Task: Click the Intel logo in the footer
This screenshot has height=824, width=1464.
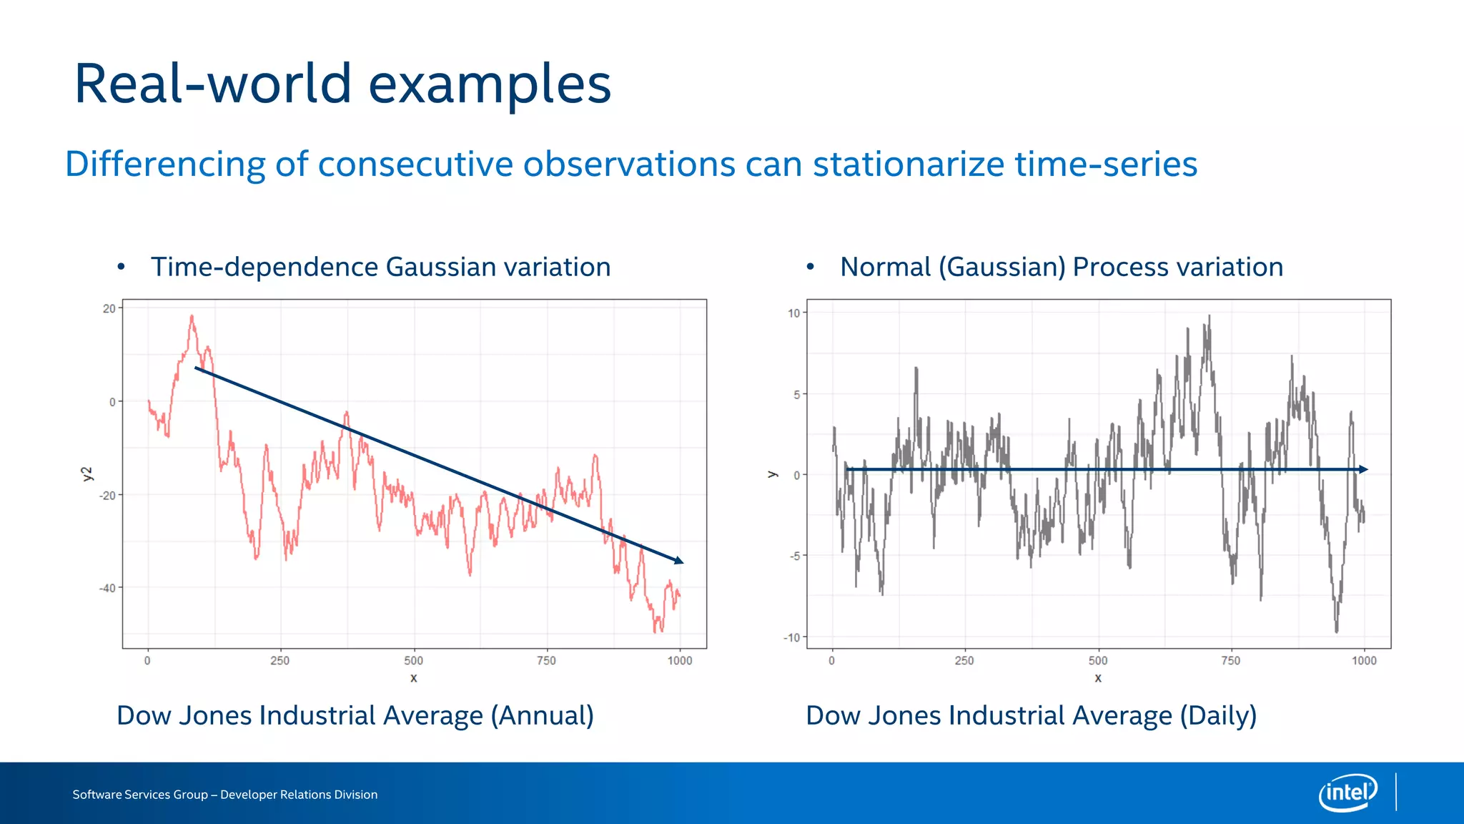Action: point(1348,793)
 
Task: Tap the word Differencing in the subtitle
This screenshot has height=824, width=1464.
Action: point(165,165)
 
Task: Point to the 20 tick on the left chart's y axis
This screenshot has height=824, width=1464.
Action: point(109,309)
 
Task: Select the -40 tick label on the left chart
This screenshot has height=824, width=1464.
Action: point(107,588)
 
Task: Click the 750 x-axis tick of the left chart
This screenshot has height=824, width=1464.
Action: point(546,661)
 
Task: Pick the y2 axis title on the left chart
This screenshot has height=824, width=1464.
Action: point(87,474)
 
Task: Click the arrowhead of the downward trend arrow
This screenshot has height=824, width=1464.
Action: point(679,561)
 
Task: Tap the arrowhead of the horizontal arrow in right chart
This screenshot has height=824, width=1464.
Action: point(1363,469)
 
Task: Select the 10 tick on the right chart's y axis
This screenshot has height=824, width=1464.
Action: point(793,313)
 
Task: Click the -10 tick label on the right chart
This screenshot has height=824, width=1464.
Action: point(791,637)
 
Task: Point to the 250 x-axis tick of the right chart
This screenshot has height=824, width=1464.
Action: point(964,661)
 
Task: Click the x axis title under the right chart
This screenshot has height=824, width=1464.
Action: point(1098,678)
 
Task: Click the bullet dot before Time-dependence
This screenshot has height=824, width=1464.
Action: point(122,268)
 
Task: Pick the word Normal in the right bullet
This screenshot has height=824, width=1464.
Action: point(885,268)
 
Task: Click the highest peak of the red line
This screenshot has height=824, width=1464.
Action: point(192,316)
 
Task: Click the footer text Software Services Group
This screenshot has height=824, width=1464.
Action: point(140,795)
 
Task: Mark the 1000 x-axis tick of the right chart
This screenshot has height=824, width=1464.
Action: point(1364,661)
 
